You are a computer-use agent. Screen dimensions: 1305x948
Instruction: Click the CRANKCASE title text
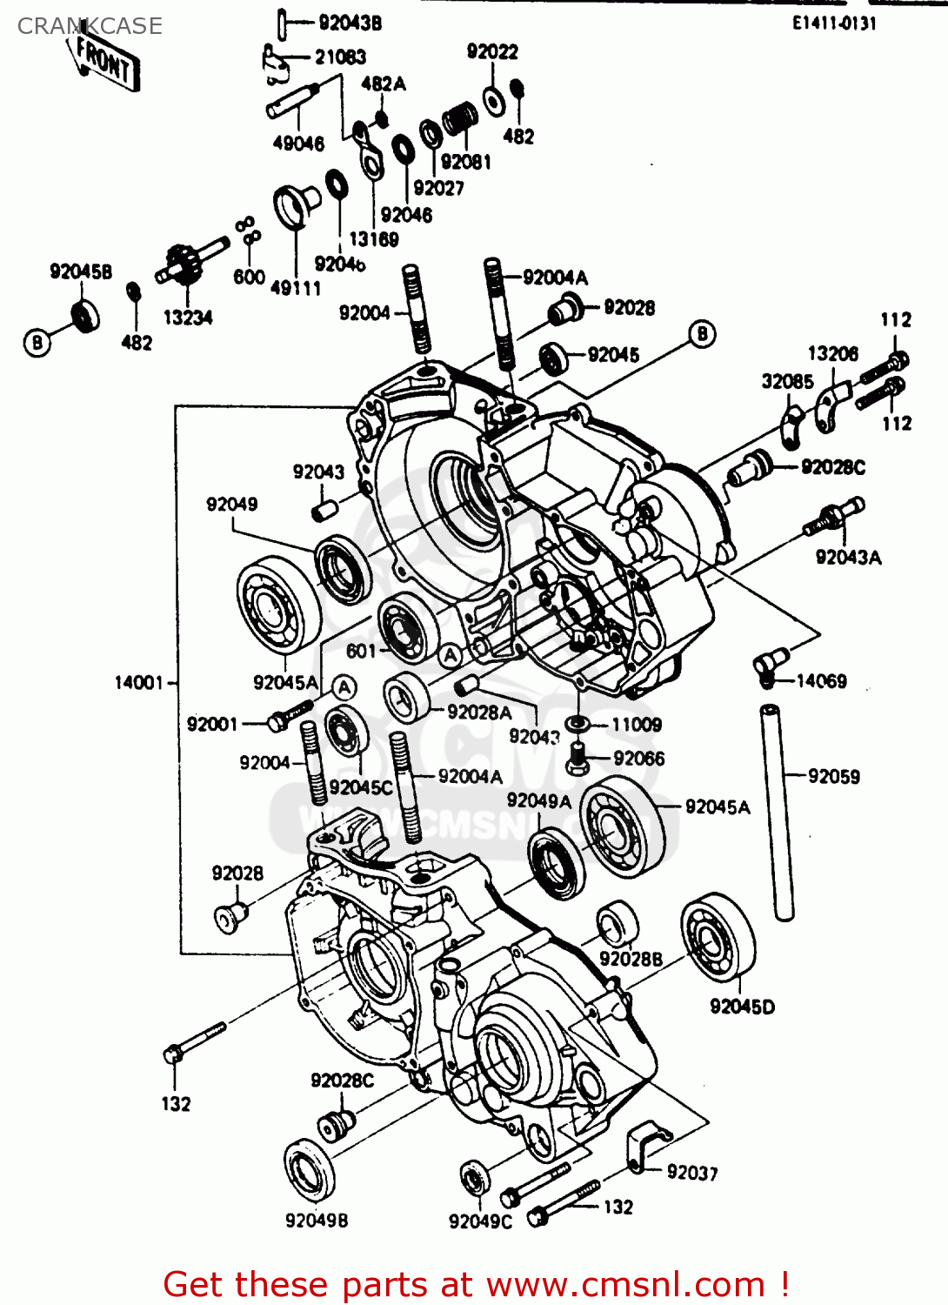(x=90, y=26)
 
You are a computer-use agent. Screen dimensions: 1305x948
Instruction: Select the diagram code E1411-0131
(x=833, y=23)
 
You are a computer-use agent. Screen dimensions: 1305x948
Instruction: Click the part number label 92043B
(x=350, y=23)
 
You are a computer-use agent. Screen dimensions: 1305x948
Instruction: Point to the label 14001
(x=139, y=683)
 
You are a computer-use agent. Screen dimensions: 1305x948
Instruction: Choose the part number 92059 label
(x=833, y=776)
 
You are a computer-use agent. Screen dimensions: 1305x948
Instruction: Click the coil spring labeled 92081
(x=459, y=119)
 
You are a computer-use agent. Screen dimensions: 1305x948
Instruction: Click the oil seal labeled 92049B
(x=310, y=1171)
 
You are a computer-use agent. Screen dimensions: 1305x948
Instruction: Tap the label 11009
(x=636, y=725)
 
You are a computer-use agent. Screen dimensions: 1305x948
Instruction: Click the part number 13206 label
(x=832, y=354)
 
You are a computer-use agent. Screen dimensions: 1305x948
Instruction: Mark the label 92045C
(x=361, y=787)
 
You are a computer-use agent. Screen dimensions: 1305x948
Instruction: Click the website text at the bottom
(x=476, y=1284)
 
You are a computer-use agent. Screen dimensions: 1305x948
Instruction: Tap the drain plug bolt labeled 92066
(x=577, y=759)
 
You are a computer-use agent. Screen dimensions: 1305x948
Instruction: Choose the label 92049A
(x=538, y=800)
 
